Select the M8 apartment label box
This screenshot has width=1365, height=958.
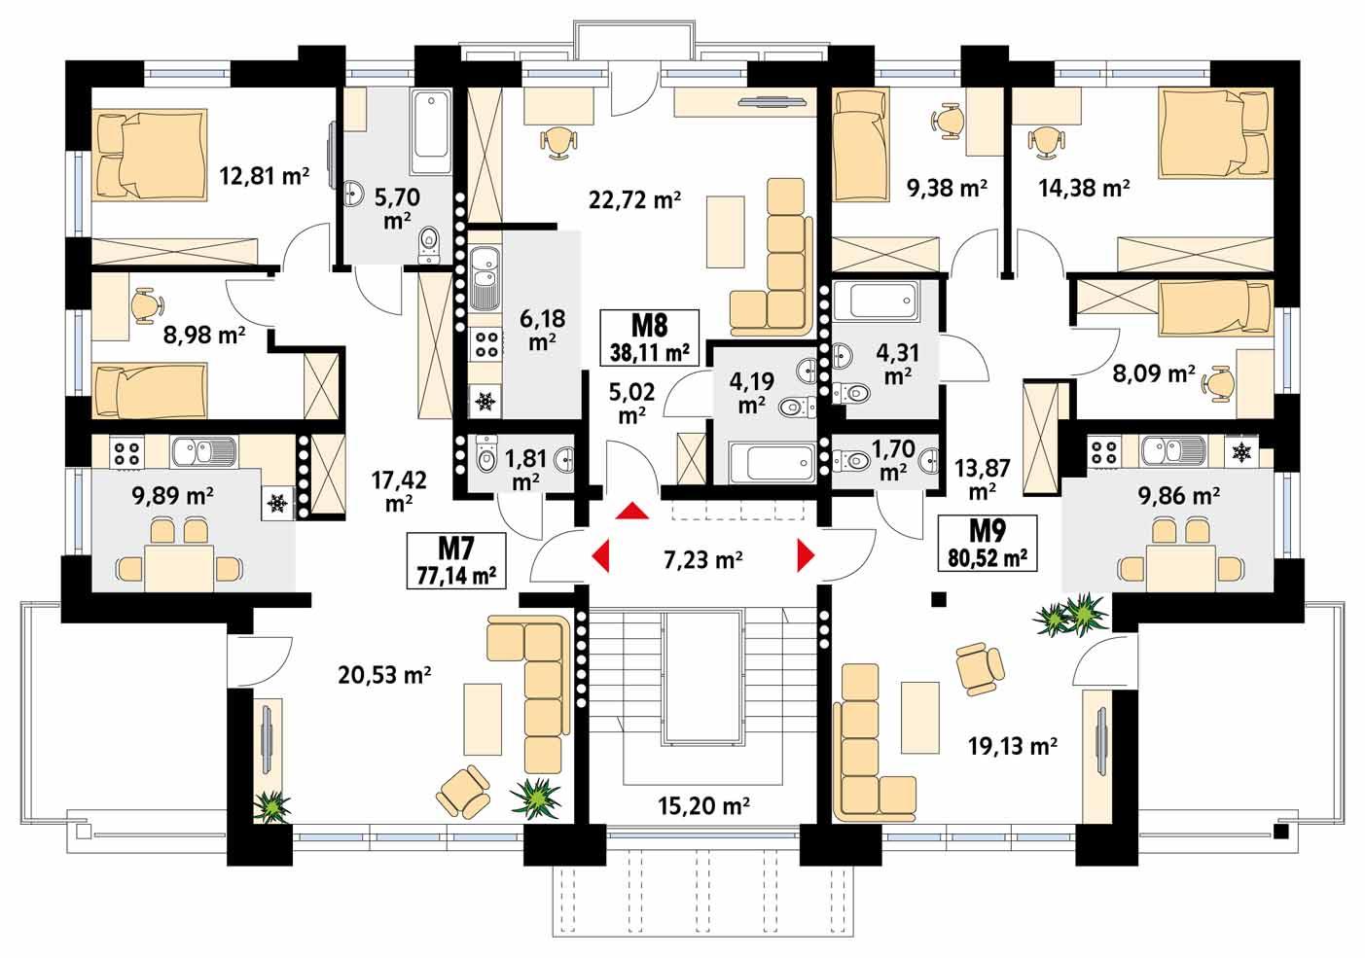click(651, 337)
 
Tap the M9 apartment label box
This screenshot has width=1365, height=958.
click(987, 543)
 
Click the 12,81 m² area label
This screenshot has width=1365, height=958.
click(265, 176)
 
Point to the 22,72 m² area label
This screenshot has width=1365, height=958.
click(634, 200)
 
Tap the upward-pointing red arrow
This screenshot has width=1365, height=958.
click(632, 512)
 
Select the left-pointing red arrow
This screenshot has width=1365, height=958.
click(600, 555)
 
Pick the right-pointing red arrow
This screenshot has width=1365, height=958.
click(805, 554)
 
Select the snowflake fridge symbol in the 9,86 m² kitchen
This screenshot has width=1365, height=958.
click(1241, 451)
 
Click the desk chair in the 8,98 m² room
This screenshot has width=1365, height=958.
click(145, 306)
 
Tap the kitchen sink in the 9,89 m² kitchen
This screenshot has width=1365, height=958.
click(201, 450)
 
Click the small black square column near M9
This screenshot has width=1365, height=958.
click(939, 599)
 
